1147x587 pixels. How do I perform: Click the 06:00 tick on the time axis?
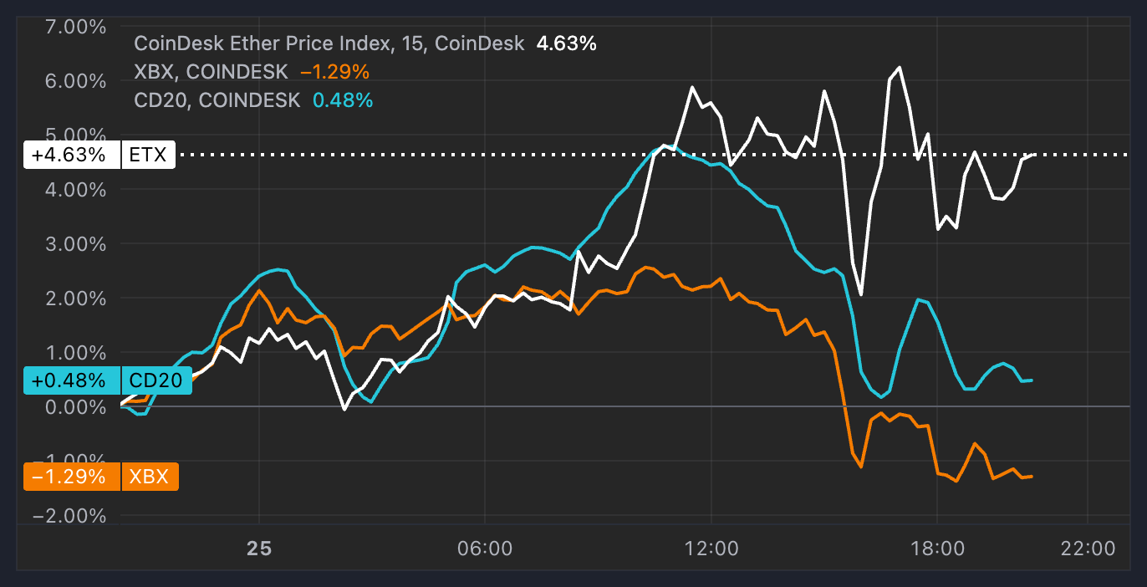click(485, 549)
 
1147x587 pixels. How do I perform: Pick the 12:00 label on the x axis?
click(711, 549)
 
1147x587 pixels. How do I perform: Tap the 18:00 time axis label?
click(937, 549)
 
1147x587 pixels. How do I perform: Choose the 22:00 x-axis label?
click(1087, 549)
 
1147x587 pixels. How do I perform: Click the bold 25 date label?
click(259, 549)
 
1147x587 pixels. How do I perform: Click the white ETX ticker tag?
click(149, 155)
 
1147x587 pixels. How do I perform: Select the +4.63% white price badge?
click(69, 155)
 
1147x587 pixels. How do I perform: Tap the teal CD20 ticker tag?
click(156, 380)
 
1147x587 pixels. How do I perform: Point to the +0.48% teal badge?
click(69, 380)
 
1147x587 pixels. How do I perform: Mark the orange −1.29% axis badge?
click(69, 477)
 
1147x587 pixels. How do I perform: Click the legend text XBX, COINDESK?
click(211, 72)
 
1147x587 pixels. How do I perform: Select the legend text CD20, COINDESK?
click(217, 100)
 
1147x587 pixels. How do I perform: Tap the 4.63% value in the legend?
click(566, 43)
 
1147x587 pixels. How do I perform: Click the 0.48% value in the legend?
click(343, 100)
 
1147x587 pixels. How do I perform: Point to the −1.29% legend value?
click(334, 72)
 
